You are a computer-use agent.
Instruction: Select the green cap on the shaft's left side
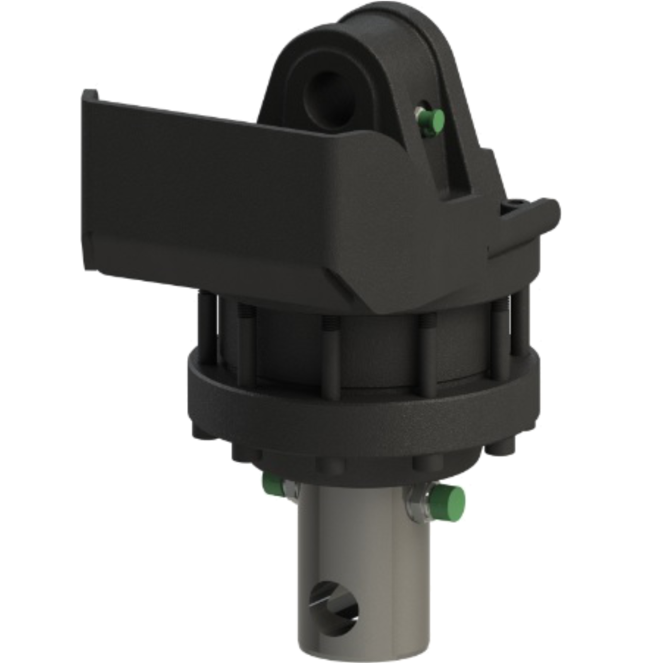click(x=272, y=483)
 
